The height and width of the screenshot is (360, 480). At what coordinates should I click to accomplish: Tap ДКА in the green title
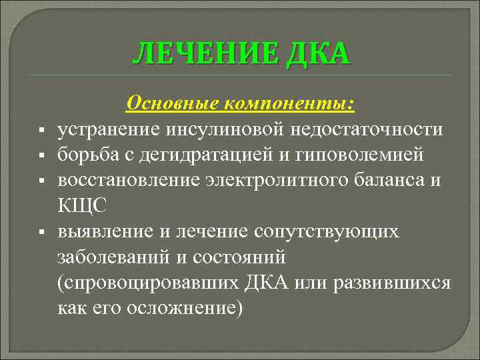pyautogui.click(x=319, y=54)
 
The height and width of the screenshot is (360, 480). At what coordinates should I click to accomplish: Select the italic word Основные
pyautogui.click(x=173, y=103)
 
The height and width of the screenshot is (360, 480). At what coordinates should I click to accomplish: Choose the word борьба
pyautogui.click(x=87, y=155)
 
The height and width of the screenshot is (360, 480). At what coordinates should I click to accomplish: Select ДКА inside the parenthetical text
pyautogui.click(x=274, y=283)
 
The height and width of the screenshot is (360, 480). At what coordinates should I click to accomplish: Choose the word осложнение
pyautogui.click(x=184, y=308)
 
